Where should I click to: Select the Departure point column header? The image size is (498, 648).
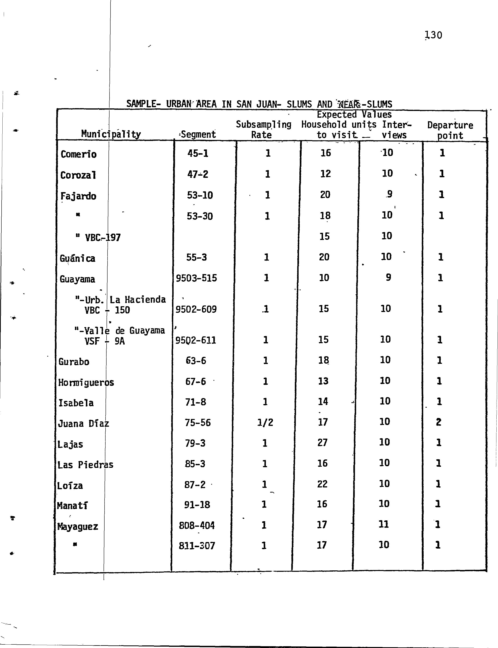[450, 130]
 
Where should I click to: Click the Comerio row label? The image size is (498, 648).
[79, 154]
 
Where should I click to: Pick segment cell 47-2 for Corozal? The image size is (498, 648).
[198, 174]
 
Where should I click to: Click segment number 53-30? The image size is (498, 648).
[199, 216]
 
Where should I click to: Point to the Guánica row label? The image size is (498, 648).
[77, 258]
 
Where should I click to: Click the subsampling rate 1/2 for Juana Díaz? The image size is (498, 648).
[265, 422]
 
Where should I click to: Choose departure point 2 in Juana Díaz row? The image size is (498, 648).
[439, 422]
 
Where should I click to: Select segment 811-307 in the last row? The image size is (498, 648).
[197, 545]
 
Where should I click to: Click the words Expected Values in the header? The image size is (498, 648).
[354, 115]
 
